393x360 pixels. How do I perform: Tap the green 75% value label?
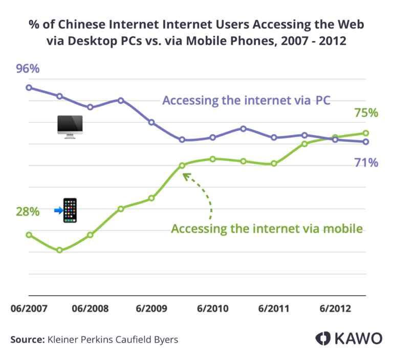[x=366, y=112]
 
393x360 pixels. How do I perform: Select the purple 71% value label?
[x=366, y=163]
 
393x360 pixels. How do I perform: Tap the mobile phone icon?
[x=70, y=210]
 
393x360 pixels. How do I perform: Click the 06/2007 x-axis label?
[x=29, y=309]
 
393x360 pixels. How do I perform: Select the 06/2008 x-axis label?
[x=90, y=309]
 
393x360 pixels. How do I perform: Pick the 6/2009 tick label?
[x=151, y=309]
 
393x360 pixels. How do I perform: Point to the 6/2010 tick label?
[x=212, y=309]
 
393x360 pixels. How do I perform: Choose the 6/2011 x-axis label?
[x=274, y=309]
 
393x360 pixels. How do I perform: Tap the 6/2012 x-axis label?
[x=335, y=309]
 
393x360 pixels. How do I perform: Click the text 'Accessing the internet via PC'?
[x=246, y=100]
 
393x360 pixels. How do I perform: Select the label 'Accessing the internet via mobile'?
[x=267, y=229]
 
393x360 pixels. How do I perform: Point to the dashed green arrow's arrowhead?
[x=185, y=175]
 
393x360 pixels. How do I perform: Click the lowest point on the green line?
[x=59, y=250]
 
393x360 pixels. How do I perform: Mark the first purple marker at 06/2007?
[x=29, y=87]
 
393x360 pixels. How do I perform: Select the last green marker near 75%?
[x=366, y=133]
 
